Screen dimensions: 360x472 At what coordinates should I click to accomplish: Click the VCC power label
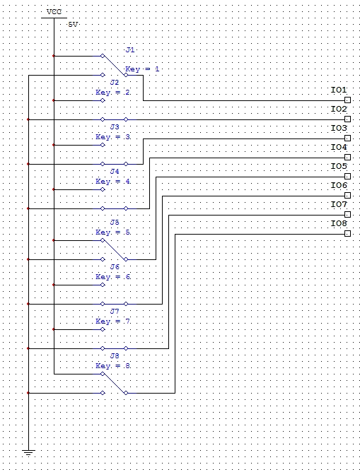click(x=54, y=12)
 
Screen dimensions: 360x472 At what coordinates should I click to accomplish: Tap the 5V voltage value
click(x=73, y=25)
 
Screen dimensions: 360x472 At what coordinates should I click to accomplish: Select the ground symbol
click(x=28, y=452)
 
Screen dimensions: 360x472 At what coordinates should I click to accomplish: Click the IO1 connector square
click(x=347, y=100)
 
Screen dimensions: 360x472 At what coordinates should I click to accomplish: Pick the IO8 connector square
click(x=347, y=234)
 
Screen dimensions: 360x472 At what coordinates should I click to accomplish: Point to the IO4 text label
click(x=339, y=147)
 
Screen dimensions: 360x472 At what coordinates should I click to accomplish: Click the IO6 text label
click(x=339, y=185)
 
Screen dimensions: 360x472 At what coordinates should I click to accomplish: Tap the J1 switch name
click(x=130, y=50)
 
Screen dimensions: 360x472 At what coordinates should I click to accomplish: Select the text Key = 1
click(x=142, y=69)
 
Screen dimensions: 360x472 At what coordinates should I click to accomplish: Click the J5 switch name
click(x=115, y=223)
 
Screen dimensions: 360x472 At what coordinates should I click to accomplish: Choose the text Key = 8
click(x=113, y=366)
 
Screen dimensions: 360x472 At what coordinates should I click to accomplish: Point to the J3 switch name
click(x=115, y=127)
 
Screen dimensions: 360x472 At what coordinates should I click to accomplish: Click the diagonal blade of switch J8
click(x=114, y=384)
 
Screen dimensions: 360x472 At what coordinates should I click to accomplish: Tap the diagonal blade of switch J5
click(x=114, y=250)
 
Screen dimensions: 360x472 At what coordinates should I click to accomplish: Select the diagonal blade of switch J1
click(x=114, y=65)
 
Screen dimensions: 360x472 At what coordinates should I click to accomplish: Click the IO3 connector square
click(x=347, y=138)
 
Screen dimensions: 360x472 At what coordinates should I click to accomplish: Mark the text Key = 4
click(x=113, y=182)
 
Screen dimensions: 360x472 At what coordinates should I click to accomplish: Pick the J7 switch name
click(x=115, y=312)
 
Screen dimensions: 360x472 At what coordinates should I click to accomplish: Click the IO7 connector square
click(x=347, y=215)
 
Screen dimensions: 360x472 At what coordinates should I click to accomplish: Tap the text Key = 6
click(x=113, y=277)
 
